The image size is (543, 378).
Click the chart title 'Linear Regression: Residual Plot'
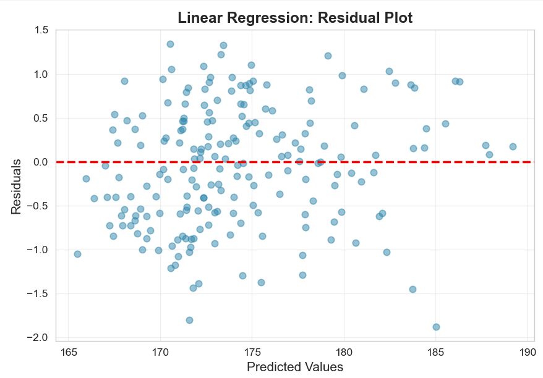pyautogui.click(x=294, y=18)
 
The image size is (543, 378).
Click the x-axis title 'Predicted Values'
pyautogui.click(x=294, y=367)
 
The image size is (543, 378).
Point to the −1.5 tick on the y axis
pyautogui.click(x=38, y=293)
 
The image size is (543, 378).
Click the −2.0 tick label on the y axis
pyautogui.click(x=38, y=337)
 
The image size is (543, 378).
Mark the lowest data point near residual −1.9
pyautogui.click(x=436, y=327)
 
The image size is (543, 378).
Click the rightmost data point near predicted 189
pyautogui.click(x=513, y=146)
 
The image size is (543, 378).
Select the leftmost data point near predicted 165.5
pyautogui.click(x=77, y=254)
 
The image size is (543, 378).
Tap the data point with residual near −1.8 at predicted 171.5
pyautogui.click(x=189, y=320)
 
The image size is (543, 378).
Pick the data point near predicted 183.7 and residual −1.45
pyautogui.click(x=413, y=289)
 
